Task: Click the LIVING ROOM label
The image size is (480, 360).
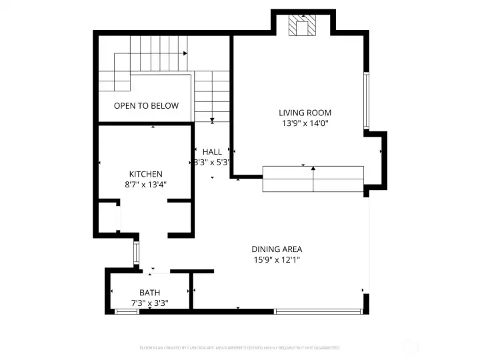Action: click(x=305, y=113)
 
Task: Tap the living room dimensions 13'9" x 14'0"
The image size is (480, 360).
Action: click(x=305, y=123)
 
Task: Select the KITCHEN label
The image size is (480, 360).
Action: click(x=145, y=174)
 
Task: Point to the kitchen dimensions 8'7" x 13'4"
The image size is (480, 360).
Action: click(x=145, y=185)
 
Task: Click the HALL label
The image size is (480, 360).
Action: click(x=212, y=151)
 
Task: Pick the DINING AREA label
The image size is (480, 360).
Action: click(x=277, y=249)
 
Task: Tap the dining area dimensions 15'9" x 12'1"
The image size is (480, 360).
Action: click(x=277, y=260)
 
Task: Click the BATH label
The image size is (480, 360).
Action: click(x=149, y=293)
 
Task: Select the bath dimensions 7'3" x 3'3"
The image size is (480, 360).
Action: click(x=149, y=303)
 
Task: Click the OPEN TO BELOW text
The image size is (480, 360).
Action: click(x=146, y=105)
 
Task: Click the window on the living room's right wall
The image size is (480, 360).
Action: click(x=365, y=100)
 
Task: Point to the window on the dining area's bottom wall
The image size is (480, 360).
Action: click(x=319, y=311)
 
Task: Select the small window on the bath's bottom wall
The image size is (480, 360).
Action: click(x=127, y=311)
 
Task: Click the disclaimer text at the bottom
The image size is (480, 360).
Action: click(x=239, y=347)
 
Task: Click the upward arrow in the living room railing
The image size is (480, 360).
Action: click(x=313, y=169)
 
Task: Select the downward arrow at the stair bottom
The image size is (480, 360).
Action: click(x=212, y=120)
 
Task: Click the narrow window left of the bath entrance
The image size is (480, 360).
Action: click(x=135, y=253)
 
